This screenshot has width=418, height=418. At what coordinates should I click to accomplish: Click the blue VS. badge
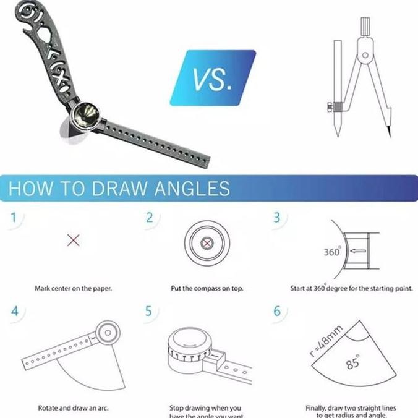pos(213,79)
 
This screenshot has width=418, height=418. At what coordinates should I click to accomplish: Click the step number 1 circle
pos(14,217)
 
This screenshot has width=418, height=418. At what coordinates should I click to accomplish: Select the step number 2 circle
pos(149,217)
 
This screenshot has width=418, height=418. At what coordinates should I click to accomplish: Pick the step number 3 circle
pos(277,217)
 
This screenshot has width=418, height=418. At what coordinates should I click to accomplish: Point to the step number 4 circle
pos(14,310)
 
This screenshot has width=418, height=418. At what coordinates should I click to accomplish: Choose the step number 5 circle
pos(148,310)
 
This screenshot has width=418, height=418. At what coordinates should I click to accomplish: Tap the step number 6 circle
pos(277,310)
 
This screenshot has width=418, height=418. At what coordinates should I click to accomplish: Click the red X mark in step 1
pos(73,241)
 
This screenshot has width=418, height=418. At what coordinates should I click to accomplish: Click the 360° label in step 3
pos(332,252)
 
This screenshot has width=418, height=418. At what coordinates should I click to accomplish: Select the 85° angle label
pos(353,363)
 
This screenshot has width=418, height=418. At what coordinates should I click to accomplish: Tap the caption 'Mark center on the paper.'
pos(73,288)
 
